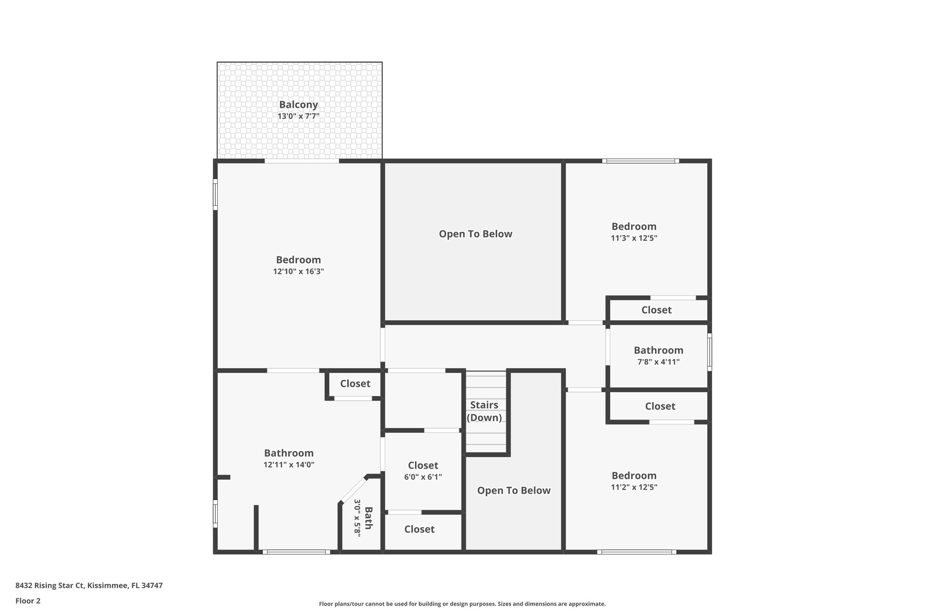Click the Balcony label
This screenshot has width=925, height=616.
(x=298, y=105)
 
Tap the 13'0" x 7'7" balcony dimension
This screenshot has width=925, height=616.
(x=298, y=116)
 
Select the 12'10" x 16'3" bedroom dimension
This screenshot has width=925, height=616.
(x=298, y=272)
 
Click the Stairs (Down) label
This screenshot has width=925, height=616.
(x=484, y=411)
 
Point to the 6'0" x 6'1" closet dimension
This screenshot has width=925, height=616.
(x=423, y=477)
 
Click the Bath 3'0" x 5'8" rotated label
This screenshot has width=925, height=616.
(x=363, y=518)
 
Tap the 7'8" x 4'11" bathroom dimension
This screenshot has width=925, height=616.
(x=658, y=362)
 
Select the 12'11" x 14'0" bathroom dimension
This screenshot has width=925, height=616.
(x=289, y=465)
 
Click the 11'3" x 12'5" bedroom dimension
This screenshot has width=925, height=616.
(x=634, y=238)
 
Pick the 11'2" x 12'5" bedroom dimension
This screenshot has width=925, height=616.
(x=634, y=487)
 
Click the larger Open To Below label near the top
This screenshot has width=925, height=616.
(x=475, y=234)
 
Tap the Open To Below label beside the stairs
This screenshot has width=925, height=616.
(x=514, y=491)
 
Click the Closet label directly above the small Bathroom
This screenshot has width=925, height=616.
(x=656, y=310)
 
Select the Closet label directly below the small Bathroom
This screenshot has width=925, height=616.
(x=660, y=406)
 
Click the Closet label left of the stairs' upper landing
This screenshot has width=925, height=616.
(x=355, y=384)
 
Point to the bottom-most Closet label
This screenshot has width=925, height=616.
(x=419, y=529)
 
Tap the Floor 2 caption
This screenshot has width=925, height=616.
(x=28, y=601)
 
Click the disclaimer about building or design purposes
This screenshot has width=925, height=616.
(x=462, y=604)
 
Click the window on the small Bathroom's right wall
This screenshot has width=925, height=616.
(x=709, y=352)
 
